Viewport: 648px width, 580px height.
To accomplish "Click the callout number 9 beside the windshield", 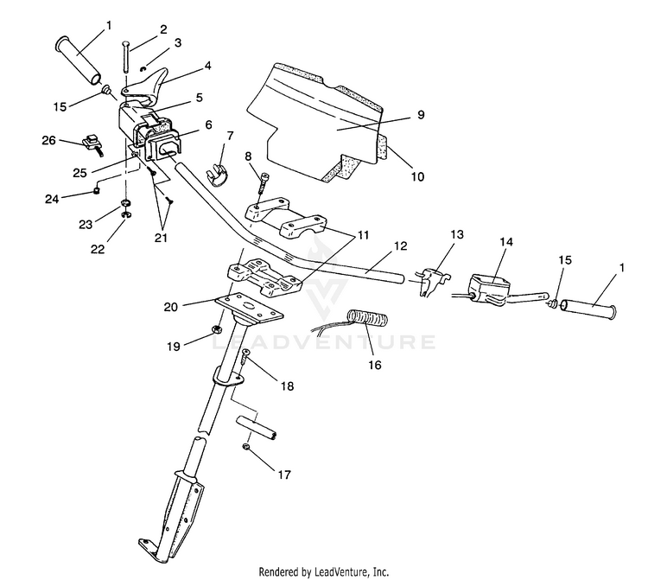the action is (x=420, y=114).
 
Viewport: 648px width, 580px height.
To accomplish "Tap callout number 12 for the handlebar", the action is (x=400, y=246).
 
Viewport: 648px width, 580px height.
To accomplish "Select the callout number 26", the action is (x=48, y=141).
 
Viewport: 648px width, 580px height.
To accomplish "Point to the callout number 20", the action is (x=171, y=307).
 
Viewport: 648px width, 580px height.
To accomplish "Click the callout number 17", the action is (x=284, y=475).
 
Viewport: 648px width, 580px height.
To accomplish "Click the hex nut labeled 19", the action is (x=217, y=329).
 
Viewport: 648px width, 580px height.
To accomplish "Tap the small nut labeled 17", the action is (x=245, y=447).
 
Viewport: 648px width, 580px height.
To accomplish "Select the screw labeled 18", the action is (x=245, y=356).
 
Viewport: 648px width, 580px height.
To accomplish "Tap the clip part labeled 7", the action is (x=217, y=175).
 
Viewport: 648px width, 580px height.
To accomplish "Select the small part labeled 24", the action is (x=97, y=191).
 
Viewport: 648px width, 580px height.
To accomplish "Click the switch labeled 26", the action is (x=93, y=144).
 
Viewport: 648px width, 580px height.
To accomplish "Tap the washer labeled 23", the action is (x=124, y=203).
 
